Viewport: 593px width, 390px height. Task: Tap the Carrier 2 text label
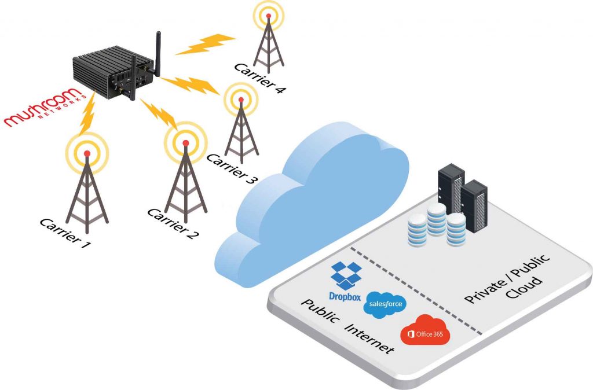pos(173,224)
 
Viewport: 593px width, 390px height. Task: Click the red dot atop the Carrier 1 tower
pos(87,153)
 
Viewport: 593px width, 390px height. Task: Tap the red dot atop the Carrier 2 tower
pos(186,143)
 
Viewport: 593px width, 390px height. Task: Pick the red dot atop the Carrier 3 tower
pos(241,100)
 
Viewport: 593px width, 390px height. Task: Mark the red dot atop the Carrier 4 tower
pos(269,16)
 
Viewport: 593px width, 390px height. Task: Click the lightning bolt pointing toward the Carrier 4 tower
pos(206,44)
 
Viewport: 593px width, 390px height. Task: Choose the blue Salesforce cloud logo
pos(385,304)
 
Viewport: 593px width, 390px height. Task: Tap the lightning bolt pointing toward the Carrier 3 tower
pos(190,85)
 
